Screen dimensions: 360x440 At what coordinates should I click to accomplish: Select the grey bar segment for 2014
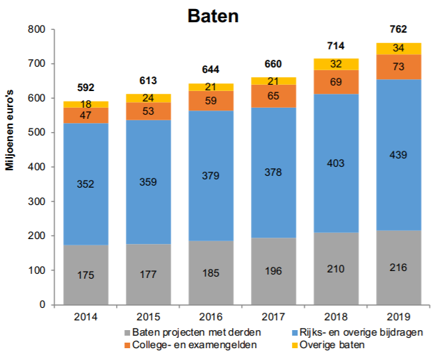coord(85,275)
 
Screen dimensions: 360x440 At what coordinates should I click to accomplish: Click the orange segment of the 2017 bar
coord(273,96)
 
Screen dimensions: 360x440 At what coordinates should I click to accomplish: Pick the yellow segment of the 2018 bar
coord(336,64)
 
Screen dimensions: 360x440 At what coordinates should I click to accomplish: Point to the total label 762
coord(398,29)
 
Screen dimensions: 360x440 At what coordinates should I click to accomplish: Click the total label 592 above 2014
coord(85,88)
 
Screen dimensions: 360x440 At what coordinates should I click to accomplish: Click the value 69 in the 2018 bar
coord(336,82)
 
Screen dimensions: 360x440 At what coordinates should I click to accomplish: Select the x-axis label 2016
coord(211,317)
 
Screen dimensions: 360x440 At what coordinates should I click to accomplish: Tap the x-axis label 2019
coord(398,317)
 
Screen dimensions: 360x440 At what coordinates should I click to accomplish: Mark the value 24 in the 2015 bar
coord(148,98)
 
